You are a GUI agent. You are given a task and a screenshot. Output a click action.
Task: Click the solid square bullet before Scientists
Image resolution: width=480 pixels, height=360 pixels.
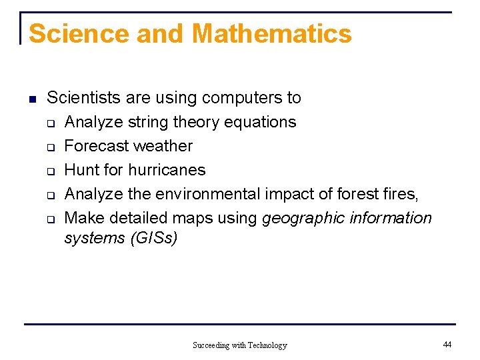tap(31, 99)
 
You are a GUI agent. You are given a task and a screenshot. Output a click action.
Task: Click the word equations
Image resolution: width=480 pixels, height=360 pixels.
tap(261, 122)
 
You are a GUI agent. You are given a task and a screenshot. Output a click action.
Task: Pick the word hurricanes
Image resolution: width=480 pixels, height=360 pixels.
tap(167, 170)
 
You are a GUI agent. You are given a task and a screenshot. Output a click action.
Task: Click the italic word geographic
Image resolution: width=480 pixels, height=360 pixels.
tap(304, 218)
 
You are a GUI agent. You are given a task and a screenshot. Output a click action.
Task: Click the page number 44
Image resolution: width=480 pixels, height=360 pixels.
tap(447, 344)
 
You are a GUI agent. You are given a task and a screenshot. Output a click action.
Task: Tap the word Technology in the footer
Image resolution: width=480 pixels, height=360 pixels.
tap(267, 345)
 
